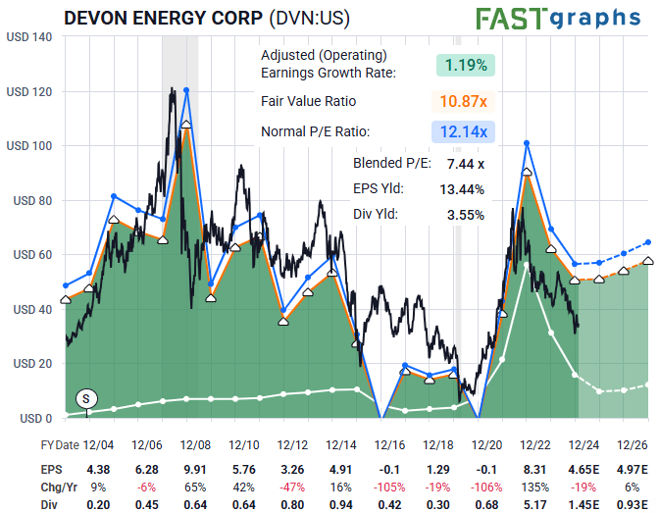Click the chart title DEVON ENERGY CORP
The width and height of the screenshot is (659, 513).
(x=163, y=19)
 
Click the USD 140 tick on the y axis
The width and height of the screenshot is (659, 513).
(x=29, y=37)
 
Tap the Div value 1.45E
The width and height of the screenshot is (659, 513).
(x=576, y=504)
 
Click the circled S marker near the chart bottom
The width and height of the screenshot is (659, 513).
(x=86, y=398)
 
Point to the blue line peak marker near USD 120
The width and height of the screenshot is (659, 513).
(x=186, y=90)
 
